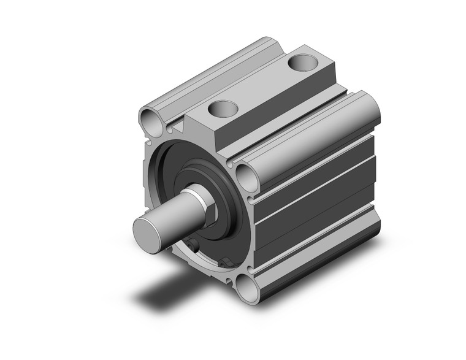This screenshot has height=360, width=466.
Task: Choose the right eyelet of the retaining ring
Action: (x=226, y=263)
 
